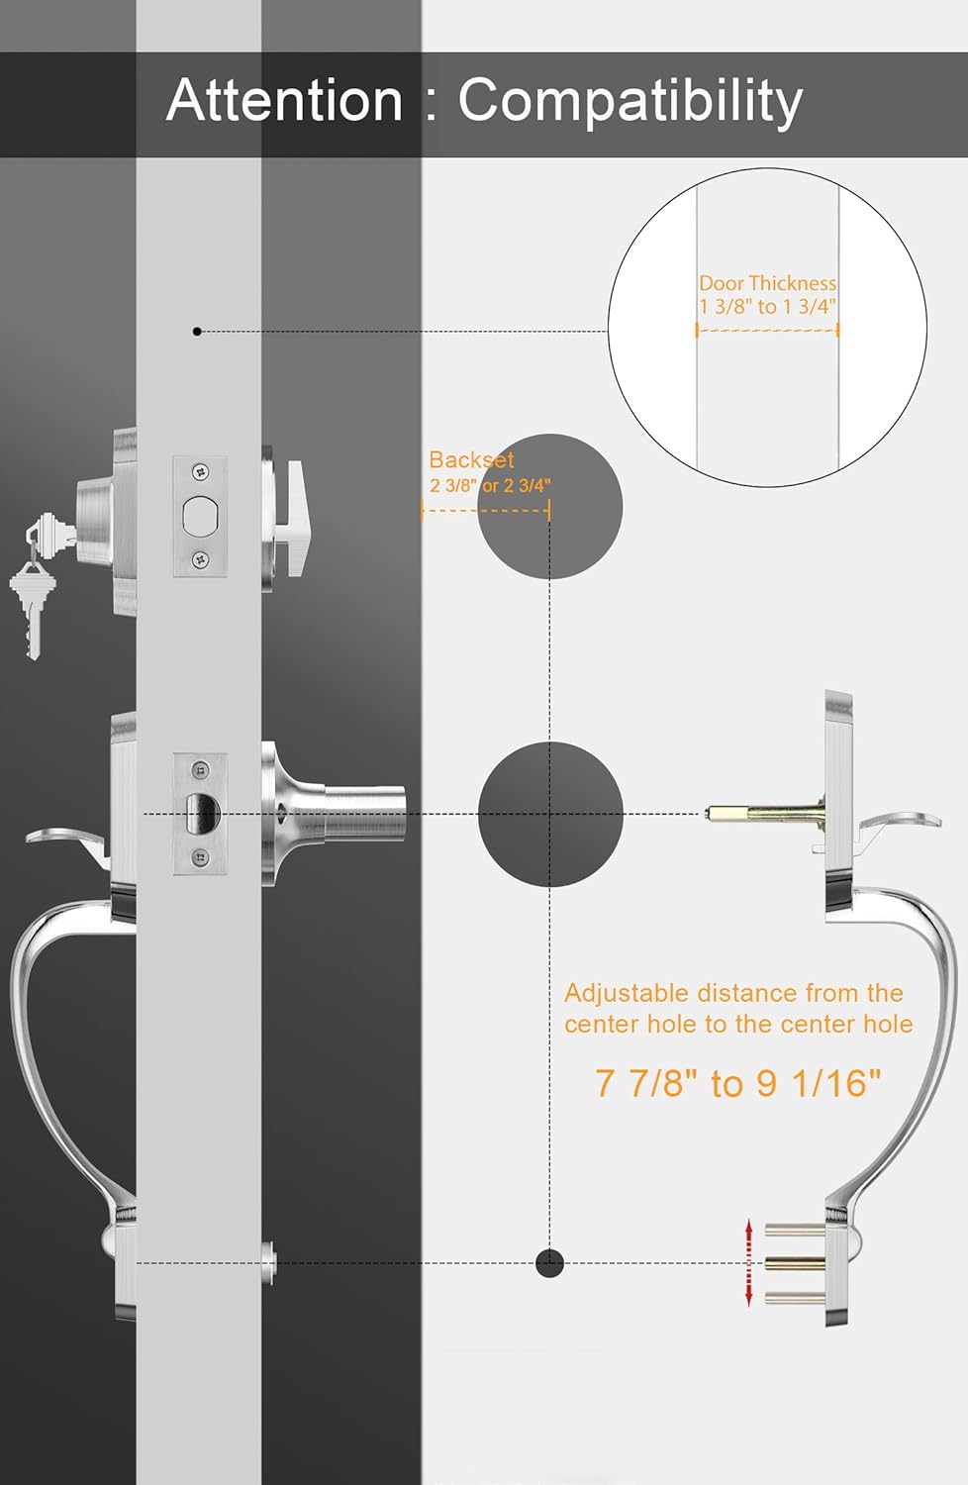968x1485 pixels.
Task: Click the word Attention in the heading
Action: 284,100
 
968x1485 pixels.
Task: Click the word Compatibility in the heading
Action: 630,103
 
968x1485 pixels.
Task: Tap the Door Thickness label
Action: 767,284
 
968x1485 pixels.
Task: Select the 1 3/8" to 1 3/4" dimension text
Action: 767,306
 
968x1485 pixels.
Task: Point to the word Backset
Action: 471,459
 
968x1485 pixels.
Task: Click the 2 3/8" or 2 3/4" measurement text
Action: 490,486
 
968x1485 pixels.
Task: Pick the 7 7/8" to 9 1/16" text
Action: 738,1083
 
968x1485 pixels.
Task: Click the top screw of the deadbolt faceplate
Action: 200,472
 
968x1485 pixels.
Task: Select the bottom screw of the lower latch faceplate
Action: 200,858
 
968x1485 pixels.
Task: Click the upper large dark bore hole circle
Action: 549,507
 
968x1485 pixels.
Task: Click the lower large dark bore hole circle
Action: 549,814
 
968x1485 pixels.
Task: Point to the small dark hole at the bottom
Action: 549,1263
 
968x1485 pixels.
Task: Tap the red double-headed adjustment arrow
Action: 748,1263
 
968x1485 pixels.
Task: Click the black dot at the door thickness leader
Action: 196,331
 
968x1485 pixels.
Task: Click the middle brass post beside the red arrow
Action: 795,1263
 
